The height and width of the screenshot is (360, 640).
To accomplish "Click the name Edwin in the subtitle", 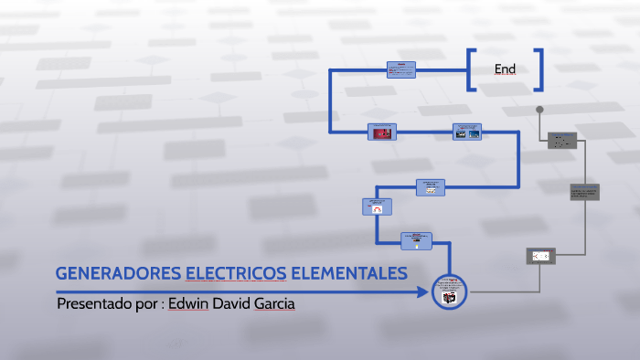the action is click(x=189, y=303).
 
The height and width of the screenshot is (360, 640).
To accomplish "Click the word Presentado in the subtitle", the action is click(x=98, y=303).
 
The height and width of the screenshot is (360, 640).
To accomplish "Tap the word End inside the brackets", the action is click(x=505, y=69).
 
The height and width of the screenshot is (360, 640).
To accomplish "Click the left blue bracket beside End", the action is click(x=470, y=69).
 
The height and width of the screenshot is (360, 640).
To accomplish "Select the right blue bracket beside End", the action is click(x=539, y=69).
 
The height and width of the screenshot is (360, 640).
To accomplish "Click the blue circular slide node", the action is click(x=448, y=292).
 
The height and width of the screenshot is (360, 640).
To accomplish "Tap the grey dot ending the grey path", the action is click(x=539, y=110).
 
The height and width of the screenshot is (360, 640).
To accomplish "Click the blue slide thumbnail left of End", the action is click(x=400, y=69).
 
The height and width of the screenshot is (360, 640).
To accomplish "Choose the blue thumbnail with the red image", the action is click(x=381, y=132).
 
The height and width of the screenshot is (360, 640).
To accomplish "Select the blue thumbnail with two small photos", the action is click(x=467, y=132).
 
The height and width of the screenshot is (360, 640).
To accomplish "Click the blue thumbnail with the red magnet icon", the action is click(x=378, y=206).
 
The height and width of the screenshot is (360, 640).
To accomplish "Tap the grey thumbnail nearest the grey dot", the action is click(x=562, y=140).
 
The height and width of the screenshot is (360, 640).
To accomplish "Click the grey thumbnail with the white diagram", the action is click(x=539, y=257).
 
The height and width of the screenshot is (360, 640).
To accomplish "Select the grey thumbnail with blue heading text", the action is click(x=584, y=192).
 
